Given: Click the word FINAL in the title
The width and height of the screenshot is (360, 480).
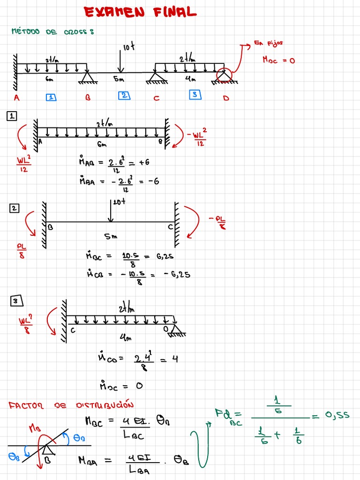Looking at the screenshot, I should pyautogui.click(x=174, y=13).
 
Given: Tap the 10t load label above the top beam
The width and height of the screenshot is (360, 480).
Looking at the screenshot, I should pyautogui.click(x=129, y=47).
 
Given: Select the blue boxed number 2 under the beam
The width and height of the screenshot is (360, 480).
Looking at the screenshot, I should pyautogui.click(x=123, y=96).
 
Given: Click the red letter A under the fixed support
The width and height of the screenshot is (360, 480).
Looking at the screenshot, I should pyautogui.click(x=16, y=98).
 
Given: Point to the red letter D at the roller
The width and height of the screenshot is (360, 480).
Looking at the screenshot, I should pyautogui.click(x=226, y=98).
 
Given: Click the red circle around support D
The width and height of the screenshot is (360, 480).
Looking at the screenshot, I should pyautogui.click(x=224, y=75).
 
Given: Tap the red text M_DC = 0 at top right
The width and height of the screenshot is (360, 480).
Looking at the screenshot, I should pyautogui.click(x=278, y=60).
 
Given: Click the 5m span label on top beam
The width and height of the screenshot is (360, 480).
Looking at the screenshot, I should pyautogui.click(x=119, y=80).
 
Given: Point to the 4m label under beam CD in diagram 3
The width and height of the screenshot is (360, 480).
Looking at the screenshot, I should pyautogui.click(x=125, y=337).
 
